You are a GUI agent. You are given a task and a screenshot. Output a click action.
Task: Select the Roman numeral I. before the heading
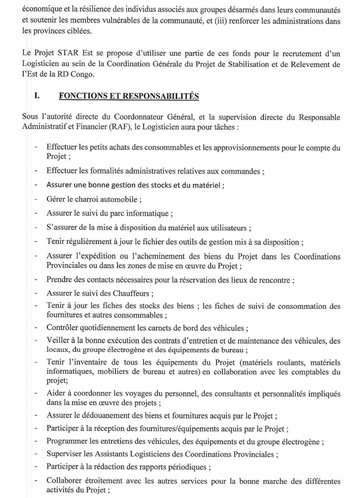(x=36, y=95)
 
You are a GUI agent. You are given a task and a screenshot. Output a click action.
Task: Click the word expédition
(x=92, y=256)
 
